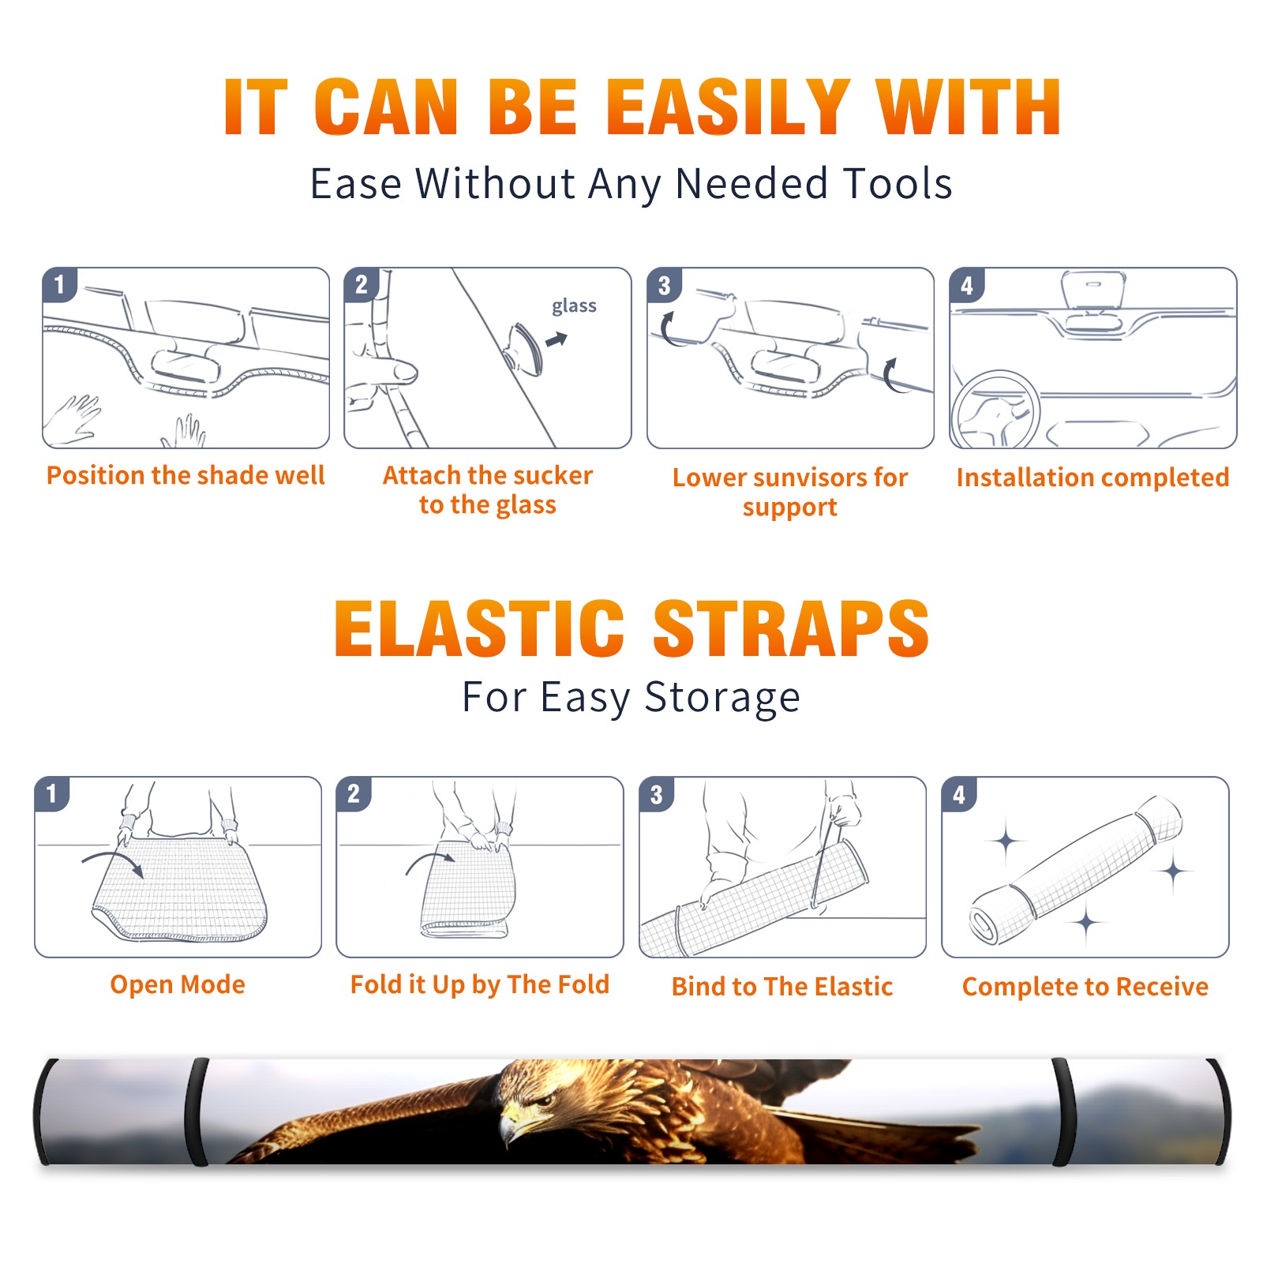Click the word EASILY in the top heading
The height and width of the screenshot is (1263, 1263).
(x=729, y=107)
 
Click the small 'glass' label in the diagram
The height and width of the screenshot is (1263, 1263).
(x=574, y=306)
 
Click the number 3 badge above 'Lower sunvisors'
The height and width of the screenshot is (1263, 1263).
(x=664, y=285)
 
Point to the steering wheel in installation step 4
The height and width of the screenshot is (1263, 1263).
(x=995, y=408)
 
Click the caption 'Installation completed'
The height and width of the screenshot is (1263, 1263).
(x=1092, y=477)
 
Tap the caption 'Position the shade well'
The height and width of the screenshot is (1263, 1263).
(x=186, y=475)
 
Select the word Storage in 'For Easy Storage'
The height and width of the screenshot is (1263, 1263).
(x=722, y=699)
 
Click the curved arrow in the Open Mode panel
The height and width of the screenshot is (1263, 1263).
(x=114, y=861)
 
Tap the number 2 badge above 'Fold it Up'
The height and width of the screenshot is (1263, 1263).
(x=354, y=793)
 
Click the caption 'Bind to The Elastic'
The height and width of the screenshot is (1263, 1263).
(x=781, y=986)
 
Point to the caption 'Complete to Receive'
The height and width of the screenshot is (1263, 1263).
(x=1085, y=987)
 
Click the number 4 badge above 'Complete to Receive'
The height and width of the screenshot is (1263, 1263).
(x=959, y=793)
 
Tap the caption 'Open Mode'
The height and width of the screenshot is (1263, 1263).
(x=178, y=984)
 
